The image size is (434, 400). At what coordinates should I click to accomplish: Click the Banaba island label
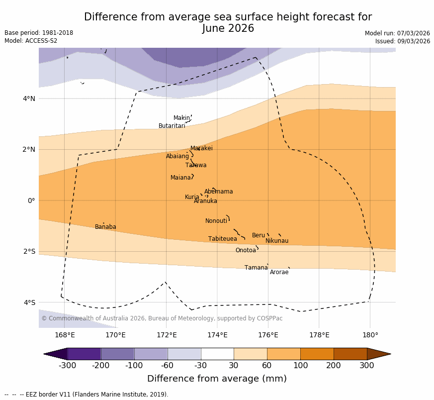tap(105, 227)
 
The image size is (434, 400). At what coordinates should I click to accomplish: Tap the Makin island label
tap(181, 118)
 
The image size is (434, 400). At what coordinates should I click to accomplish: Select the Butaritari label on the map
tap(172, 126)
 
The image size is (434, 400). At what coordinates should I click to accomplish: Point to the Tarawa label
tap(196, 166)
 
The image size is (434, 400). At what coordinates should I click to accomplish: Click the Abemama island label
tap(218, 192)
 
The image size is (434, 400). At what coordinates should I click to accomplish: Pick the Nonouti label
tap(216, 221)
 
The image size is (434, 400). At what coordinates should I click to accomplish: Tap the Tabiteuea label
tap(223, 239)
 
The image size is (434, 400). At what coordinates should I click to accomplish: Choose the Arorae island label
tap(279, 273)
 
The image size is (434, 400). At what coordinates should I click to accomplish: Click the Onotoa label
tap(246, 251)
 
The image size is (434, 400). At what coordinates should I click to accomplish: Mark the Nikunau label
tap(277, 241)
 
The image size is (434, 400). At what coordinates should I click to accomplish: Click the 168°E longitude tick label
tap(65, 335)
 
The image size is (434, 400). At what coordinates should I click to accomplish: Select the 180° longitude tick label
tap(370, 335)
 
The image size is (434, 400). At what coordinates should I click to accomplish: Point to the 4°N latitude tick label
tap(29, 99)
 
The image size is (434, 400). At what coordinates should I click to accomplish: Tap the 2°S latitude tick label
tap(29, 252)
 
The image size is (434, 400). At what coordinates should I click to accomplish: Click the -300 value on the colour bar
tap(67, 366)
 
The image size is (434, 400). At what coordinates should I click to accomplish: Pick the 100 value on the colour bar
tap(300, 366)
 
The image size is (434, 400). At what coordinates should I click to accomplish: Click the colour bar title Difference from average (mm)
tap(217, 379)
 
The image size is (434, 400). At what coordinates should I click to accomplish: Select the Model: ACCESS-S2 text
tap(31, 41)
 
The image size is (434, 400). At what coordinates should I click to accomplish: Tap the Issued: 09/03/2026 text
tap(403, 41)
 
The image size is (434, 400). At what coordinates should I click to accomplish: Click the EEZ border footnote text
tap(87, 395)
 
